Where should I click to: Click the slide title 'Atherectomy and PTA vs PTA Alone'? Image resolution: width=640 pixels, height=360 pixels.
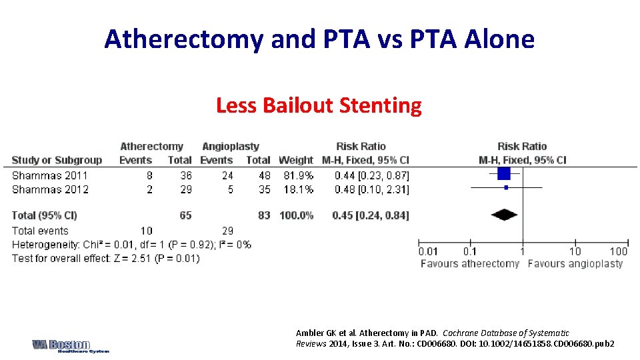coord(319,39)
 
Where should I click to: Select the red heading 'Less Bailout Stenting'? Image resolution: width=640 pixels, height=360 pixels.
coord(319,105)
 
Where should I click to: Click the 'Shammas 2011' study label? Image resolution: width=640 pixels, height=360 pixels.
coord(50,175)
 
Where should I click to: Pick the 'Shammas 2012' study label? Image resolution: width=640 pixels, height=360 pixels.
coord(50,189)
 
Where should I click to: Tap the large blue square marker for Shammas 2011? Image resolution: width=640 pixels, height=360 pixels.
coord(503,173)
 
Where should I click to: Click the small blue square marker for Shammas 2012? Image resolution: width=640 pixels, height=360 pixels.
coord(506,187)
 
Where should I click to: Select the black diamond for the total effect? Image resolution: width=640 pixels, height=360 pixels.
coord(504,215)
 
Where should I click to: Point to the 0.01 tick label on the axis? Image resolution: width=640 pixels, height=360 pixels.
coord(429,251)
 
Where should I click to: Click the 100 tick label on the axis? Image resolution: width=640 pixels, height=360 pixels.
coord(618,251)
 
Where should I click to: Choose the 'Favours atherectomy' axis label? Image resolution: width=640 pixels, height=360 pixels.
coord(469,263)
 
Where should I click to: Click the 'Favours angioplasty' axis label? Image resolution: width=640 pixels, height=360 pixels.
coord(575,263)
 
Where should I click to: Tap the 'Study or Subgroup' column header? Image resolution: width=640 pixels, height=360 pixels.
coord(57,160)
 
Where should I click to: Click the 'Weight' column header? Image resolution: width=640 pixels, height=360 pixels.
coord(295,160)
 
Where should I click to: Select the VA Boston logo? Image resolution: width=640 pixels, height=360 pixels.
coord(70,346)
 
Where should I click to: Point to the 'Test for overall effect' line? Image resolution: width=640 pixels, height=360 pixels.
coord(105,258)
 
